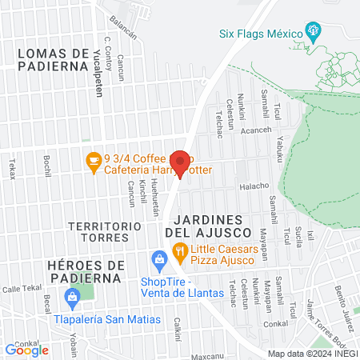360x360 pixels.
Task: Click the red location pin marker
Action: (x=182, y=162)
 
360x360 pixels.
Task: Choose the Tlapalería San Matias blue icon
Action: (x=74, y=300)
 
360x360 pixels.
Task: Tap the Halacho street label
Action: (x=254, y=186)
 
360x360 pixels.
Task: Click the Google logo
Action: (x=26, y=350)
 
